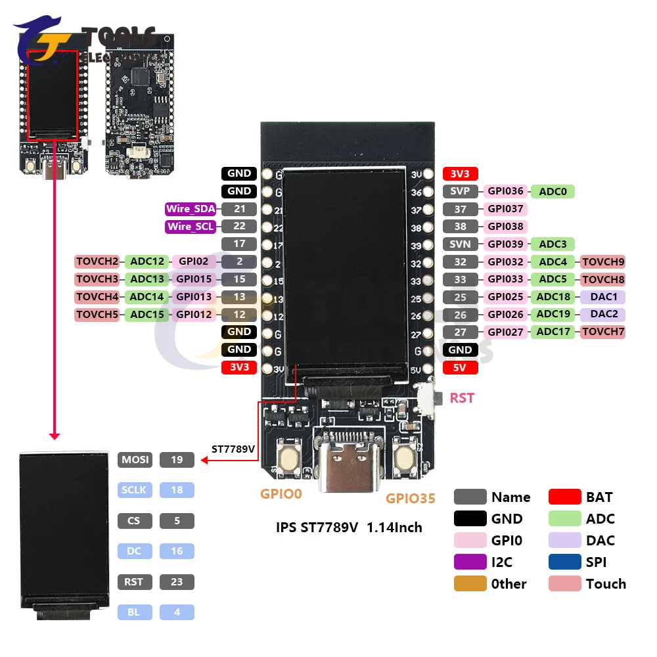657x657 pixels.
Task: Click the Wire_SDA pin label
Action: pos(191,210)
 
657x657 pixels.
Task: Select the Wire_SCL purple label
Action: pos(191,227)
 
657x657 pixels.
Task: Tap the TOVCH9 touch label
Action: pos(602,262)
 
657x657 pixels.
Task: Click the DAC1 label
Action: pos(602,297)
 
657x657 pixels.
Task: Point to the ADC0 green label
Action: pos(553,192)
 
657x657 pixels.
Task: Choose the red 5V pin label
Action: pos(460,367)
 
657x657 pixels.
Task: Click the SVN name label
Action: pos(460,244)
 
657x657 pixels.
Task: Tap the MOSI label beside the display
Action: pos(135,460)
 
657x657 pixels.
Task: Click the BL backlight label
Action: pos(135,612)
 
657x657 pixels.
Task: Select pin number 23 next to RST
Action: pos(177,582)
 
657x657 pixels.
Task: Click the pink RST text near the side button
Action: pos(462,398)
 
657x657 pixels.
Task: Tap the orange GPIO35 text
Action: pos(410,499)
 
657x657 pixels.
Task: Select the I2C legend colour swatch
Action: pos(470,562)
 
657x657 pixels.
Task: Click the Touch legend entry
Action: pos(605,584)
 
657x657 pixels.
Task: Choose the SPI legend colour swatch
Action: pos(564,562)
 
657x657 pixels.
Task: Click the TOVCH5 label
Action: pos(97,315)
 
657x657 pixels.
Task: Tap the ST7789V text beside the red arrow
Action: pos(233,449)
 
